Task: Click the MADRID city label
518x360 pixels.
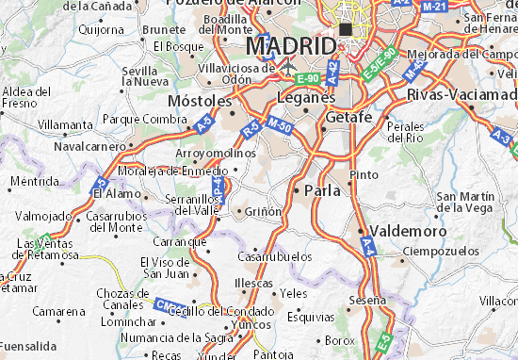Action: pyautogui.click(x=290, y=45)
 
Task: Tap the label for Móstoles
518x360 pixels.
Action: pyautogui.click(x=199, y=99)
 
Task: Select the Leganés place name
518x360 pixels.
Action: pyautogui.click(x=306, y=97)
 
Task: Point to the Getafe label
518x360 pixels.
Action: pyautogui.click(x=351, y=116)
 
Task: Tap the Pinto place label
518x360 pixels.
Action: pyautogui.click(x=364, y=174)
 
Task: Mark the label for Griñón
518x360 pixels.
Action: pyautogui.click(x=264, y=212)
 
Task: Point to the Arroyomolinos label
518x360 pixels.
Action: pyautogui.click(x=217, y=153)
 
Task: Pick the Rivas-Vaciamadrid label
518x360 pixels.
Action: pyautogui.click(x=461, y=95)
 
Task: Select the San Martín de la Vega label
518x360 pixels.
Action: pyautogui.click(x=466, y=201)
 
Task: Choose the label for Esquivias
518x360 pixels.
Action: pyautogui.click(x=312, y=317)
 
